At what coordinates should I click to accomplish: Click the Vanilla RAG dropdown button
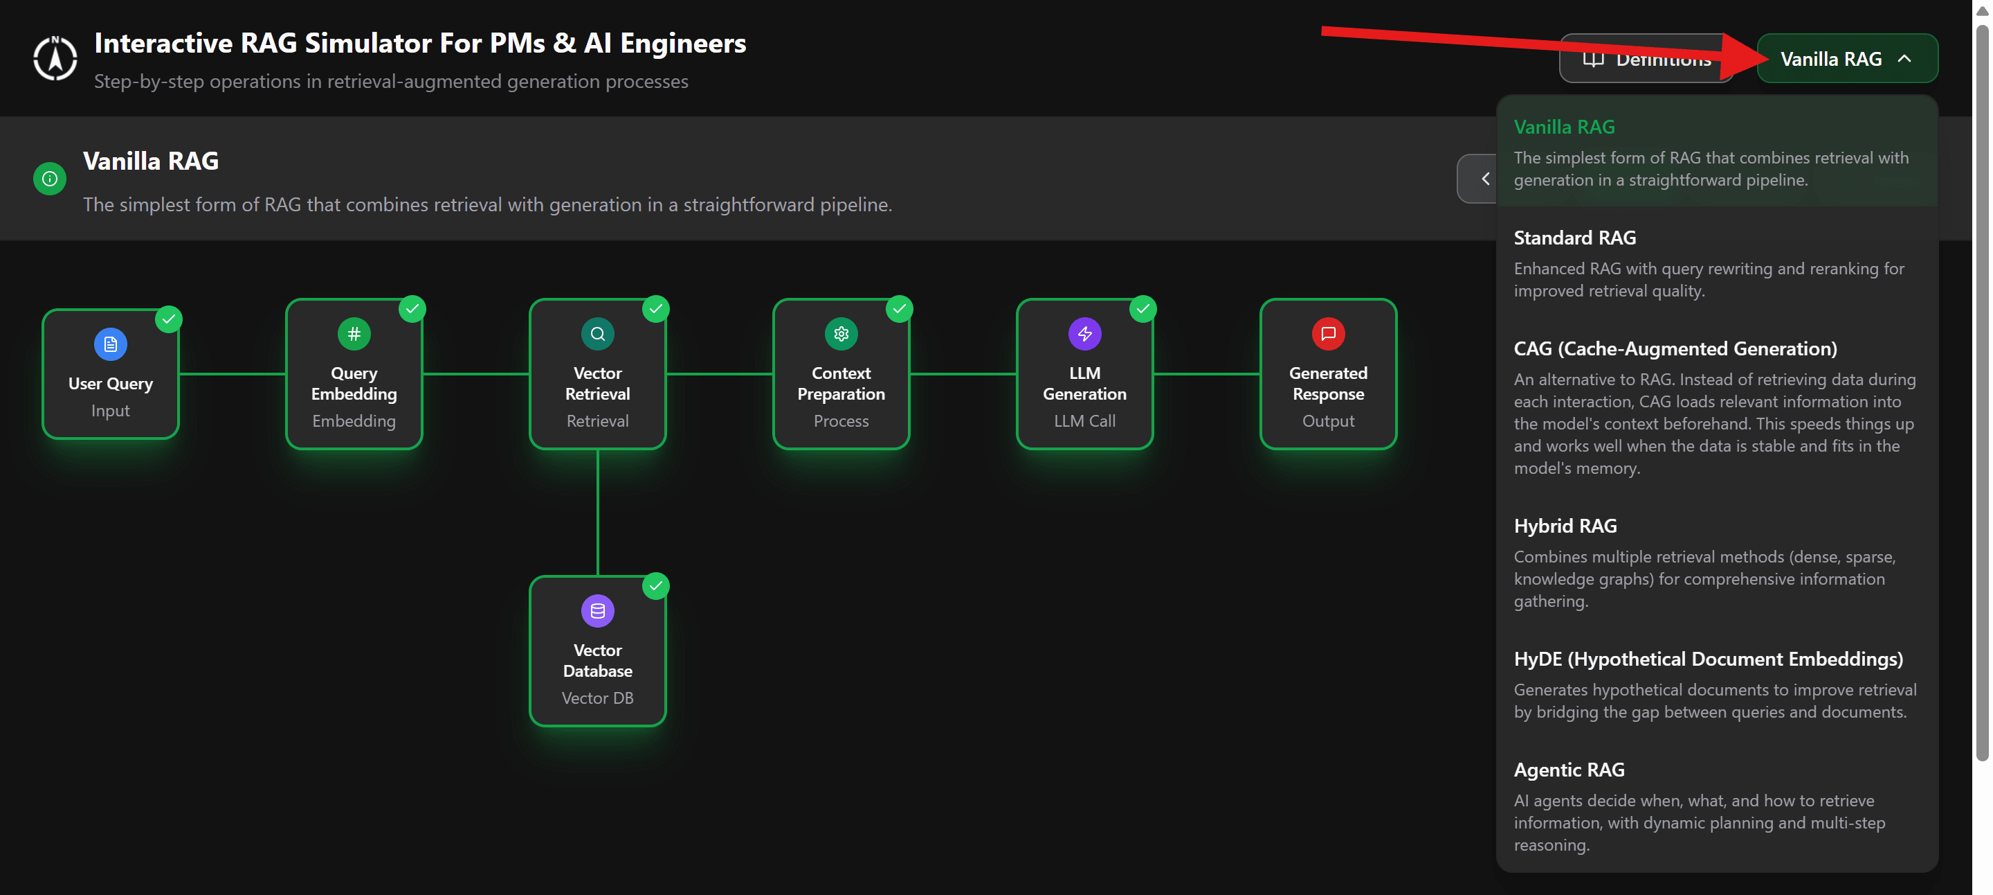pyautogui.click(x=1847, y=59)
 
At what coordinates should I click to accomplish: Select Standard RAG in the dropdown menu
pyautogui.click(x=1717, y=263)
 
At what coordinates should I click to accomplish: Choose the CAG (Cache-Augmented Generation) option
pyautogui.click(x=1717, y=407)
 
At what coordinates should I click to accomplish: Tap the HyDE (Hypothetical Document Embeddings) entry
pyautogui.click(x=1717, y=684)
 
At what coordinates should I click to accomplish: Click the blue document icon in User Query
pyautogui.click(x=111, y=344)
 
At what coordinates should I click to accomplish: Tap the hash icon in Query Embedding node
pyautogui.click(x=354, y=334)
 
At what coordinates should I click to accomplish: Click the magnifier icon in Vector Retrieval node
pyautogui.click(x=598, y=334)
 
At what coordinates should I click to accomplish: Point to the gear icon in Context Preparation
pyautogui.click(x=841, y=334)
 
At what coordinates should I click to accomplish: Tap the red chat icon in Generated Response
pyautogui.click(x=1329, y=334)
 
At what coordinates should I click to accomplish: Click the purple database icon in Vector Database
pyautogui.click(x=598, y=611)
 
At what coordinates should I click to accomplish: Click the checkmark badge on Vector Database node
pyautogui.click(x=656, y=586)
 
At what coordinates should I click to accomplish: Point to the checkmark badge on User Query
pyautogui.click(x=169, y=319)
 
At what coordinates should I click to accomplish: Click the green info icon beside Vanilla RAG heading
pyautogui.click(x=50, y=179)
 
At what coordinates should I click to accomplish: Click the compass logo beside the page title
pyautogui.click(x=55, y=59)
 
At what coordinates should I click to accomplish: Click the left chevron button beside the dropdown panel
pyautogui.click(x=1479, y=179)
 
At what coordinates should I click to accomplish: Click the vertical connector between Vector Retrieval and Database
pyautogui.click(x=598, y=513)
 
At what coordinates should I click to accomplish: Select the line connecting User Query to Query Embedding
pyautogui.click(x=232, y=374)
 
